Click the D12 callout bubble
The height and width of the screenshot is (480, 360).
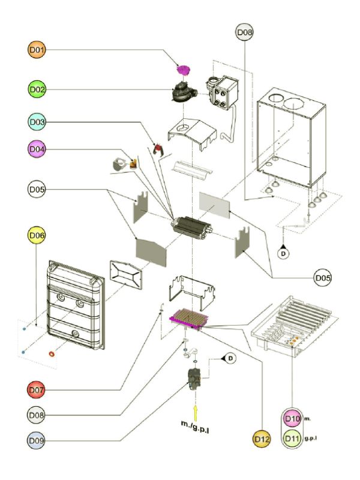pos(262,439)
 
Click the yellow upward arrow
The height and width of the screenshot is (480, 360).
pos(196,412)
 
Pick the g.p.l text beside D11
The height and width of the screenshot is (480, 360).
pos(310,439)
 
